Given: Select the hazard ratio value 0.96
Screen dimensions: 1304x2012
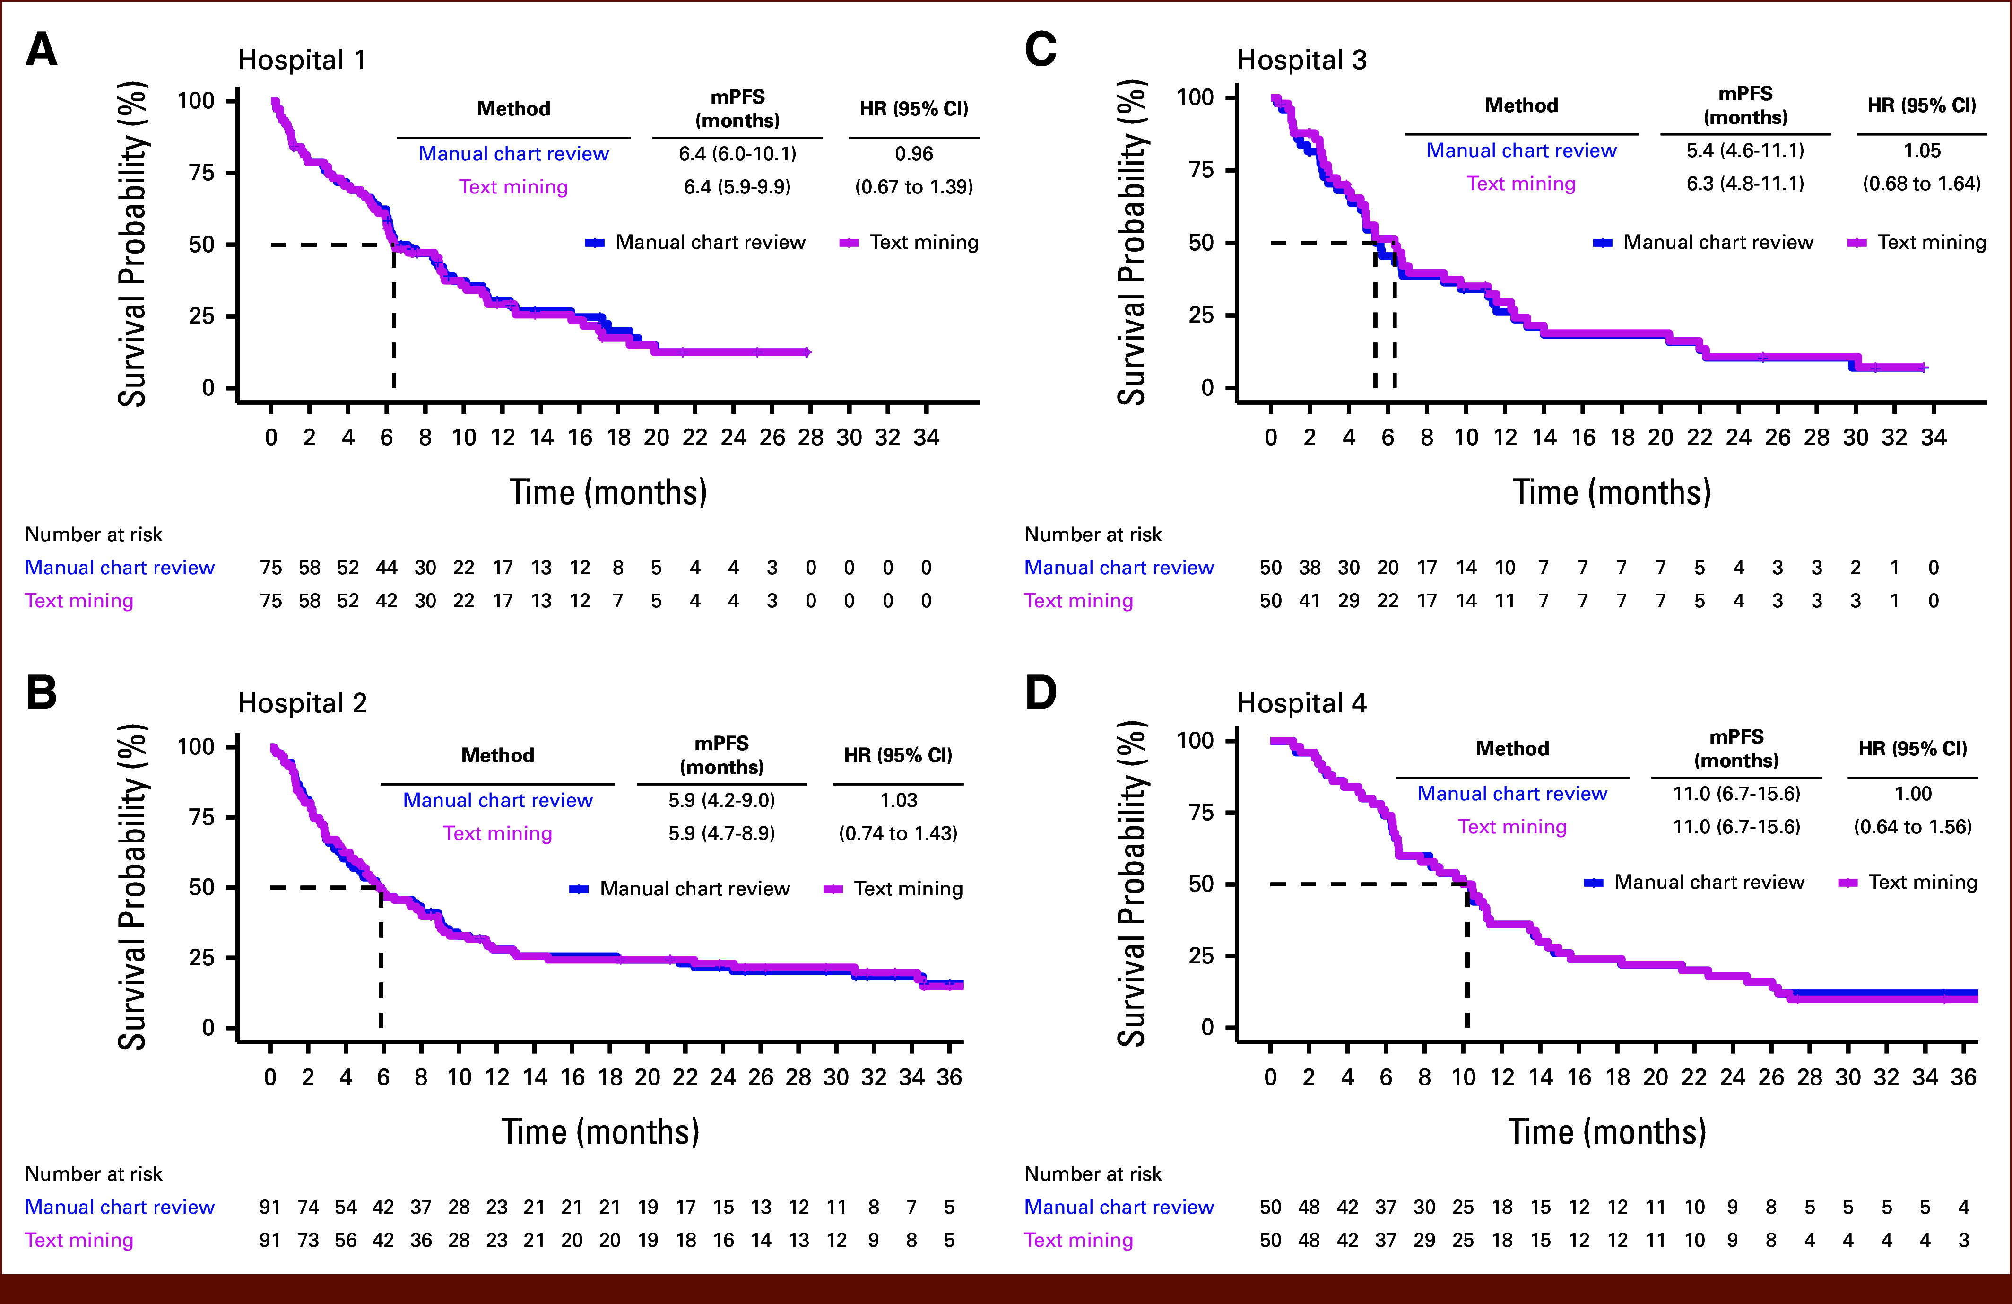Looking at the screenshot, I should tap(914, 154).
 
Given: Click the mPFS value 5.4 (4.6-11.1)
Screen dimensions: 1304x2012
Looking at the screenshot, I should tap(1745, 150).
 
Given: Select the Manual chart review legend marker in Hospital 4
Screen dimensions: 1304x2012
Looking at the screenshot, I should tap(1594, 883).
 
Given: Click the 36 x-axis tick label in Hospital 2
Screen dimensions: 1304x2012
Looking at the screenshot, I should tap(949, 1077).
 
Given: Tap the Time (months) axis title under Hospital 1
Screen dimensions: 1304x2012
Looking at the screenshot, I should tap(608, 492).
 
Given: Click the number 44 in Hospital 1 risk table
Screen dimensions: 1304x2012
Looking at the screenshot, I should tap(386, 568).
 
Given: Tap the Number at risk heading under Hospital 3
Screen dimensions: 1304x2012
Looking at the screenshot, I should tap(1092, 534).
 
